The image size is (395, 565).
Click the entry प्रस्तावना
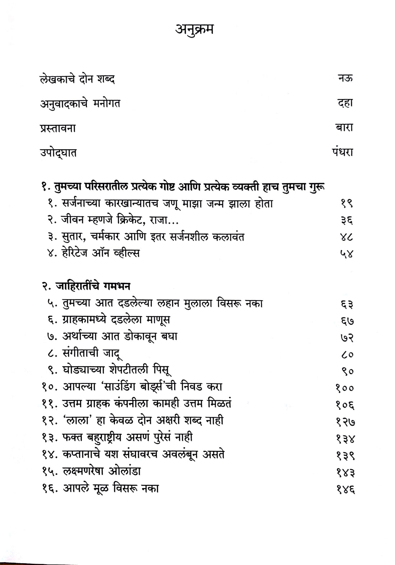point(58,128)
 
